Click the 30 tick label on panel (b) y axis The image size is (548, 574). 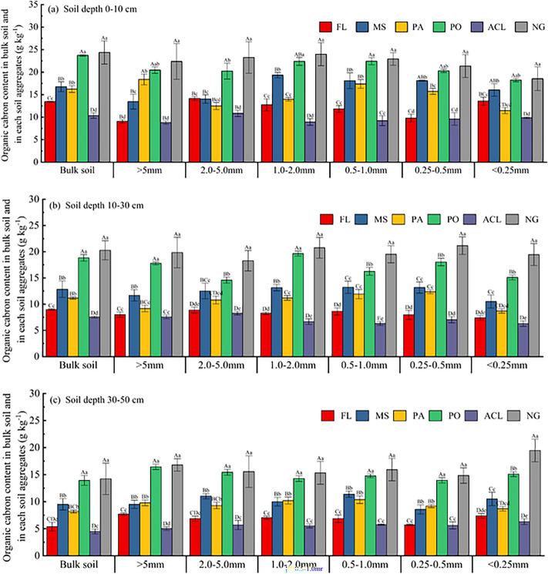click(33, 199)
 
